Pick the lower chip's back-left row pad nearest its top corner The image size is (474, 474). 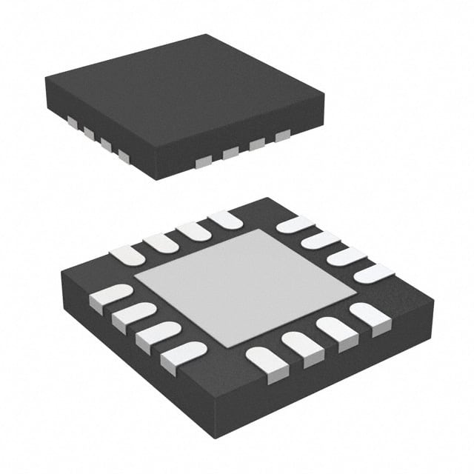tap(225, 219)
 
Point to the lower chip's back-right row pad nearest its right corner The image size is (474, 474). tap(374, 273)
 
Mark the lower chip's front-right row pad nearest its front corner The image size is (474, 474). tap(267, 362)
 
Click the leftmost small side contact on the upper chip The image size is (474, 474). tap(72, 121)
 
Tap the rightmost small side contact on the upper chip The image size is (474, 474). tap(282, 136)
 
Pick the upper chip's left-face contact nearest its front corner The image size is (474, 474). tap(123, 156)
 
